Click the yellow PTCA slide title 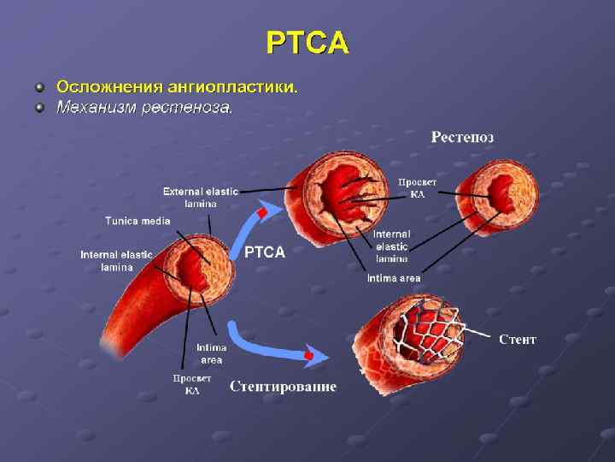pos(307,42)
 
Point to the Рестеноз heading pos(462,137)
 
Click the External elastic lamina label pos(201,198)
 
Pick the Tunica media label pos(138,221)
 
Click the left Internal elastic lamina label pos(116,261)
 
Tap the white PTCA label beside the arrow pos(265,252)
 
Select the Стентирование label pos(283,387)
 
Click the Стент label pos(518,340)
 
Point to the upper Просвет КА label pos(418,188)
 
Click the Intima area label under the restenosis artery pos(394,278)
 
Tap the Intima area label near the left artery pos(211,353)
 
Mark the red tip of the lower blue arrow pos(309,354)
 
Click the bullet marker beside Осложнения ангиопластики pos(38,87)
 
